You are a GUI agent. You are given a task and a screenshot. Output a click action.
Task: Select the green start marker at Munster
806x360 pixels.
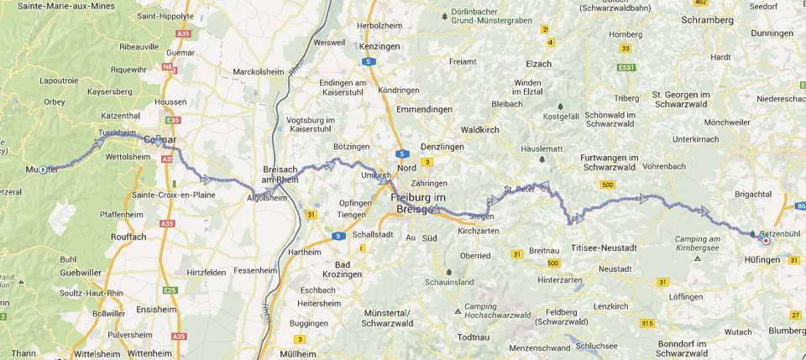(x=43, y=170)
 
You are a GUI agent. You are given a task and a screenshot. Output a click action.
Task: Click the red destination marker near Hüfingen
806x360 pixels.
(x=766, y=241)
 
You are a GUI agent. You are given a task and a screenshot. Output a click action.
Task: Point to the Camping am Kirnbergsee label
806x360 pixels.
(x=703, y=244)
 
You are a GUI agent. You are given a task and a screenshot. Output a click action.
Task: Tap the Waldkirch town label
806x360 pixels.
(x=481, y=130)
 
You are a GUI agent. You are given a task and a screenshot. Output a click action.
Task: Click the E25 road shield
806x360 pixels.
(x=171, y=289)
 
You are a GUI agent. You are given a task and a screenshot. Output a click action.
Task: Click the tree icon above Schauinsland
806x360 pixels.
(x=449, y=272)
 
